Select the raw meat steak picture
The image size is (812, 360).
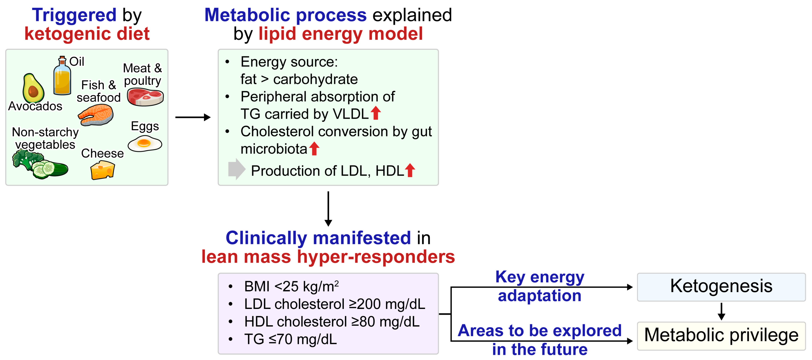pyautogui.click(x=145, y=97)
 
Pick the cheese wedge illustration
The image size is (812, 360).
pyautogui.click(x=102, y=170)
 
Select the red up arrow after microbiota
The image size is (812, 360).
pyautogui.click(x=314, y=148)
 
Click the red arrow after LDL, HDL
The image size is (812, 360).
pyautogui.click(x=410, y=170)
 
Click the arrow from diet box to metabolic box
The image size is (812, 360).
pyautogui.click(x=193, y=117)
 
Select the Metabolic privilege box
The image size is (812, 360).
pyautogui.click(x=721, y=335)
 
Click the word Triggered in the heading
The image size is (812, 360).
pyautogui.click(x=74, y=15)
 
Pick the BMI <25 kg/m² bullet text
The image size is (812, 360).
pyautogui.click(x=291, y=286)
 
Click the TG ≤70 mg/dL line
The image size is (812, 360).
pyautogui.click(x=290, y=339)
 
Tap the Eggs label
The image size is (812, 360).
pyautogui.click(x=145, y=126)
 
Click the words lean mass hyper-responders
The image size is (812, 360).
pyautogui.click(x=328, y=257)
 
